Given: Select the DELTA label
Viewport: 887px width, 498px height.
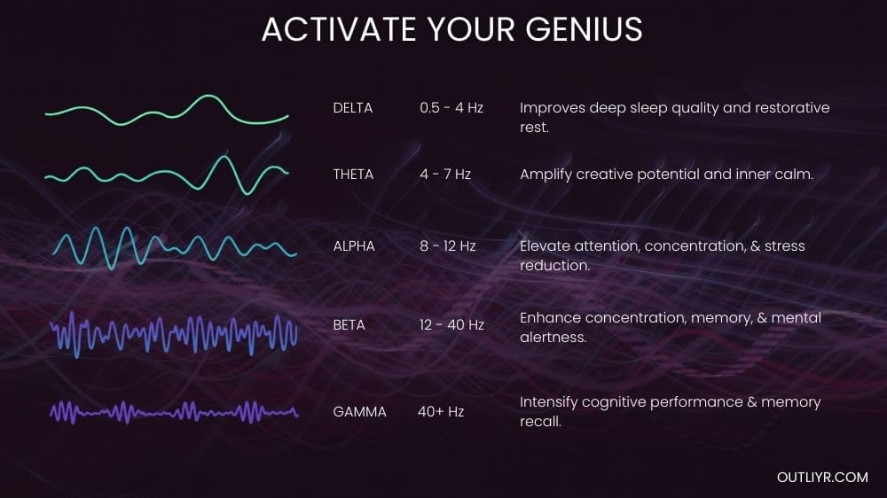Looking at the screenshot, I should [353, 108].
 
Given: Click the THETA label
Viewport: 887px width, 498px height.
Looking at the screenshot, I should [353, 175].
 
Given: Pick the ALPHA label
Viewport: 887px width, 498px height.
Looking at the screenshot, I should [354, 245].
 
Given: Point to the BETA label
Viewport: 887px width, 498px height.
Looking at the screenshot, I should [349, 325].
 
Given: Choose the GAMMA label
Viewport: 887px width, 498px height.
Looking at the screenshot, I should [359, 411].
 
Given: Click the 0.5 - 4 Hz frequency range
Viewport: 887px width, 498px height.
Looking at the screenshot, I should [451, 108].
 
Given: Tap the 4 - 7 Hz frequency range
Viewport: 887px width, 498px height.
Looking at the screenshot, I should [445, 175].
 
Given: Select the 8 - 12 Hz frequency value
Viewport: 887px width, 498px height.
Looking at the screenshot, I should [448, 245].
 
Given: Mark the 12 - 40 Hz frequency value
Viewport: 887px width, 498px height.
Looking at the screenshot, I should [451, 325].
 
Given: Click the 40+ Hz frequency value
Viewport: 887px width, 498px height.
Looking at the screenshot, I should [441, 411].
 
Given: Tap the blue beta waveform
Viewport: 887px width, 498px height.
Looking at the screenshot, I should [174, 334].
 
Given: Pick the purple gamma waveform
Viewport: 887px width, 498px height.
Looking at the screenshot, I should [174, 411].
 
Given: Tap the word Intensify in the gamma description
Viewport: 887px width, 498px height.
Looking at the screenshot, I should [549, 402].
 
